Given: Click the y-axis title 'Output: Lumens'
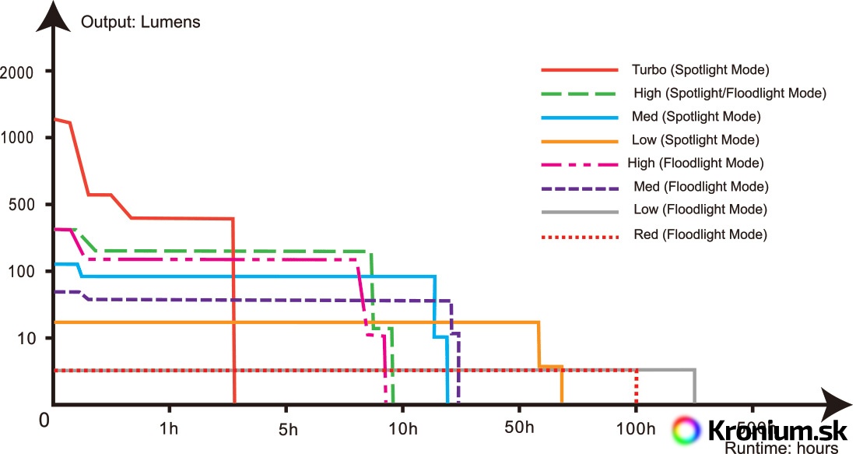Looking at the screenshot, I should pos(141,22).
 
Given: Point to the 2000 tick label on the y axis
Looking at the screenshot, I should pos(17,72).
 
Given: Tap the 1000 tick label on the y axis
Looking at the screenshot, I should pos(17,138).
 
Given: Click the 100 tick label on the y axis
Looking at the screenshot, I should pos(23,272).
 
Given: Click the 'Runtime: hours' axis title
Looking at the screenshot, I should pos(781,448).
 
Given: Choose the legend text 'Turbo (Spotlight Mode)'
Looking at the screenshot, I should pos(700,70).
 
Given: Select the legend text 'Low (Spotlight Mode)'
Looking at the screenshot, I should pos(696,140).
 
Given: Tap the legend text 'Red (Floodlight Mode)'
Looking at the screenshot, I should pos(700,234).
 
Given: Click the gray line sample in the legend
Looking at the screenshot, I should pos(579,211).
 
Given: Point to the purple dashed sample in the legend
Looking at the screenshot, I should pos(579,188).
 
